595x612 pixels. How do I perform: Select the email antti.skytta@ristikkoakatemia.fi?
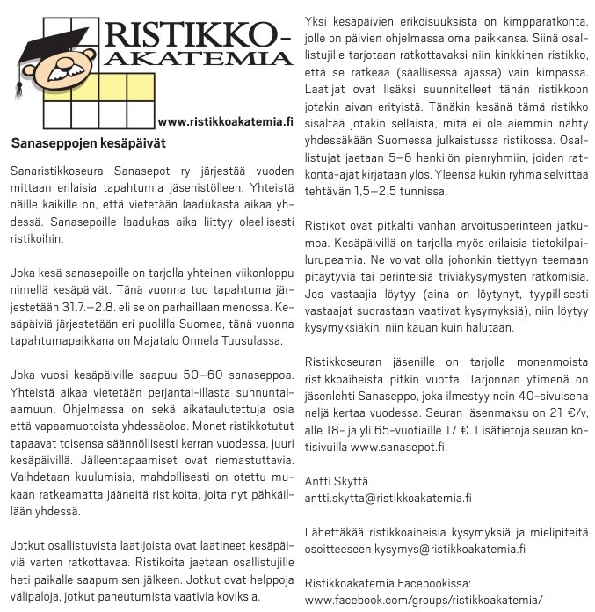point(388,497)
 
